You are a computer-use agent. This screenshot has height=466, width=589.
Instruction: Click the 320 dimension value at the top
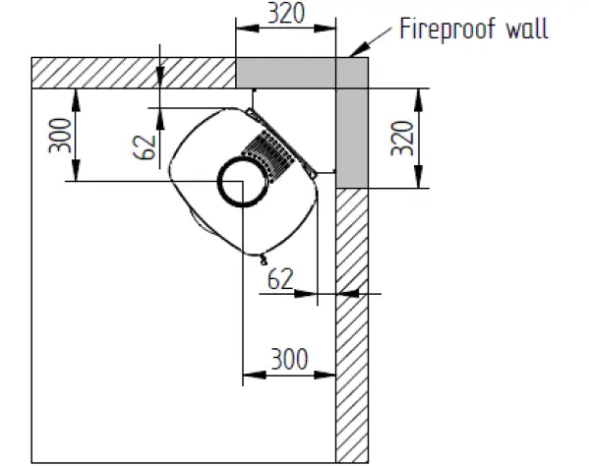[x=286, y=13]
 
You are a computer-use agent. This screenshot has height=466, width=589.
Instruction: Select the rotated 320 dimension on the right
[x=400, y=138]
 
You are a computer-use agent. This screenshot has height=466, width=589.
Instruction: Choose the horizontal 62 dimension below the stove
[x=281, y=278]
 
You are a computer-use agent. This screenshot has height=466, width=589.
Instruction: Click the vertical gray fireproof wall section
[x=351, y=128]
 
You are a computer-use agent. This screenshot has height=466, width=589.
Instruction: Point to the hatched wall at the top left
[x=133, y=73]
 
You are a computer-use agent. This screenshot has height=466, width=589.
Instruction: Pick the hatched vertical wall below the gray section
[x=351, y=324]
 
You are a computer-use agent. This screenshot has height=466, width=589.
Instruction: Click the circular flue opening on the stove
[x=239, y=184]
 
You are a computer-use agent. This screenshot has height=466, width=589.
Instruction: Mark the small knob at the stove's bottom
[x=263, y=261]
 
